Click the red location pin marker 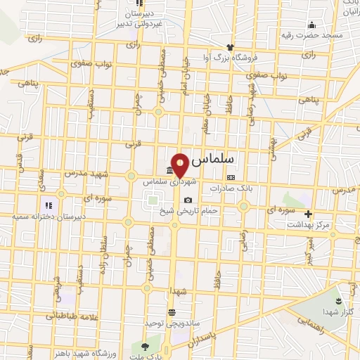click(181, 165)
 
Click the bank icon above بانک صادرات click(231, 178)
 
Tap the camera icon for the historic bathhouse click(187, 200)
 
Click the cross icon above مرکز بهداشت click(307, 214)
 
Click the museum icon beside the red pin click(169, 172)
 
